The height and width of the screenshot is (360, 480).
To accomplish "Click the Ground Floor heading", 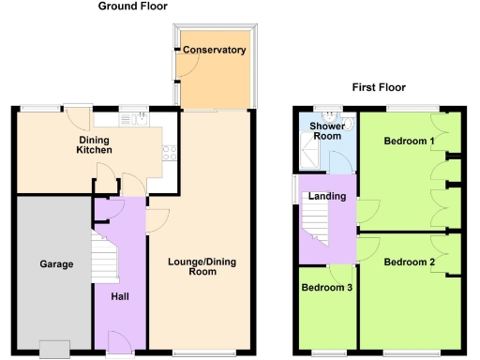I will pos(135,7).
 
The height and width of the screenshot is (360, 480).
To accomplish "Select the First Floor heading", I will pos(379,87).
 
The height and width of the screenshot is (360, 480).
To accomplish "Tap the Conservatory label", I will pos(214,50).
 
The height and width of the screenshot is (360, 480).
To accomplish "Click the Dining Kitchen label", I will pos(95,144).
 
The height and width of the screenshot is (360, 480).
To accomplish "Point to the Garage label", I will pos(56,264).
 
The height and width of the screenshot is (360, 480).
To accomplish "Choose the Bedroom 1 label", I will pos(409,142).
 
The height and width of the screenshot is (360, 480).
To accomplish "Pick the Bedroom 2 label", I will pos(409,262).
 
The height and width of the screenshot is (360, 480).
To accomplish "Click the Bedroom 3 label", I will pos(326,288).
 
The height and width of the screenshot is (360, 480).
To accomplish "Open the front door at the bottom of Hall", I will pos(119,341).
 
